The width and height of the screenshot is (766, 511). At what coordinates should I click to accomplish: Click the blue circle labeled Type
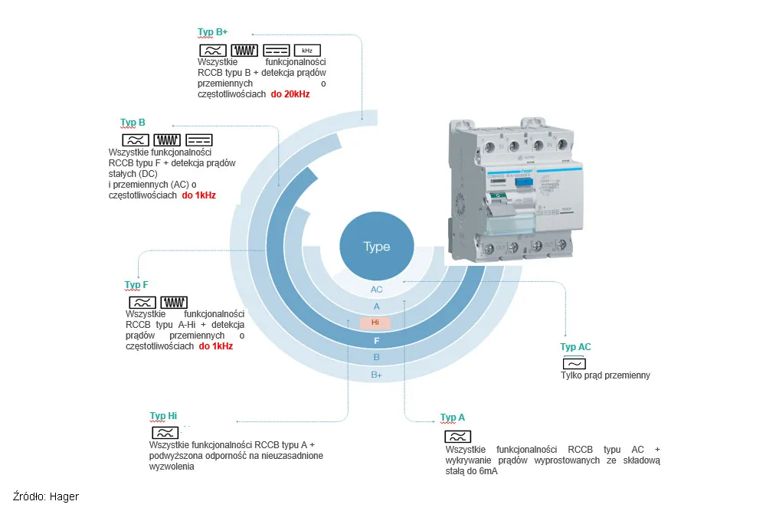coord(376,246)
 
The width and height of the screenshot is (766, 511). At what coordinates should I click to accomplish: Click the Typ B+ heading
coord(212,32)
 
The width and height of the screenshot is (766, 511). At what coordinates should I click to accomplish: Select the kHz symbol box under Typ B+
coord(306,50)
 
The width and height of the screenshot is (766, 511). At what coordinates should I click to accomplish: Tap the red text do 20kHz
coord(290,95)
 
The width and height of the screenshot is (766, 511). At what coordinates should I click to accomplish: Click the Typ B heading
coord(133,123)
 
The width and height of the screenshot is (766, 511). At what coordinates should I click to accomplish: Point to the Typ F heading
coord(136,285)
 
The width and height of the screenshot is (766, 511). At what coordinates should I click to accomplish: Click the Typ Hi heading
coord(163,416)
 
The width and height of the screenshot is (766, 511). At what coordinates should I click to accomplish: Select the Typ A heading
coord(452,418)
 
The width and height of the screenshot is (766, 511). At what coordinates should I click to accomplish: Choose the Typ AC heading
coord(575,347)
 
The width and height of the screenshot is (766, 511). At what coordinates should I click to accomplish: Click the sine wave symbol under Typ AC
coord(574,364)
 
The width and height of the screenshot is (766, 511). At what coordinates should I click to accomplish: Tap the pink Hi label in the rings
coord(375,323)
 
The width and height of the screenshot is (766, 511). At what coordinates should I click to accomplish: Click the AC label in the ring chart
coord(376,290)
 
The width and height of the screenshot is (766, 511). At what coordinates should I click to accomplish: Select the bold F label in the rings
coord(376,340)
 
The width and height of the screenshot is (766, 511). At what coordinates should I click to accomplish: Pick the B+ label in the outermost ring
coord(376,375)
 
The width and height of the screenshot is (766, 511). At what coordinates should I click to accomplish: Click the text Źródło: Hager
coord(46,496)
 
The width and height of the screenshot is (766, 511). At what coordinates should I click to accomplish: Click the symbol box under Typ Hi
coord(165,433)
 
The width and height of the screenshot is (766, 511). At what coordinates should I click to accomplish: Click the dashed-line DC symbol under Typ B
coord(199,140)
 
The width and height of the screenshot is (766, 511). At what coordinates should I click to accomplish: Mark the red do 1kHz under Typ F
coord(216,346)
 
